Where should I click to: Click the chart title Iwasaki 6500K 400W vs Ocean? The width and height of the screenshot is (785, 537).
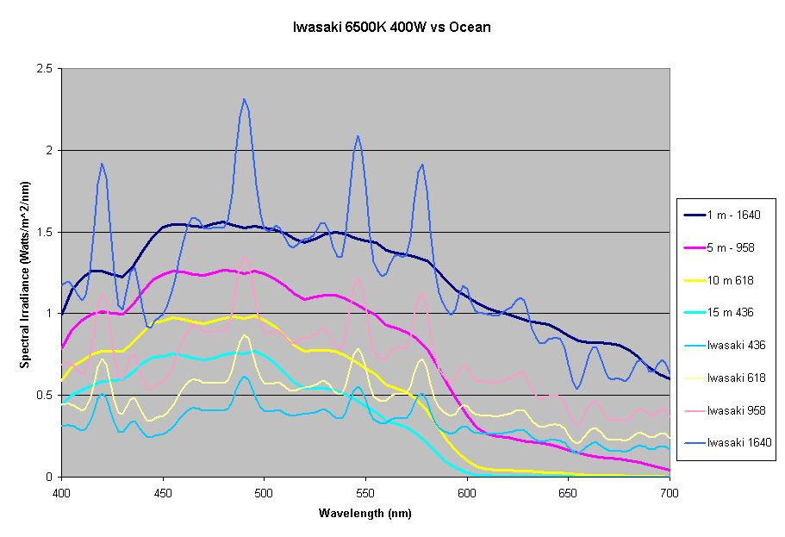tap(392, 27)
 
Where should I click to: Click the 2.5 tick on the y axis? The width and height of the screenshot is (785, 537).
tap(45, 69)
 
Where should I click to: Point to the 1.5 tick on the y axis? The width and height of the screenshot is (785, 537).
tap(45, 232)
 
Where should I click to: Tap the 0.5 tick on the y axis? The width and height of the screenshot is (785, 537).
tap(45, 395)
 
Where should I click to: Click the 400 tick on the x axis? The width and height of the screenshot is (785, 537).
tap(61, 491)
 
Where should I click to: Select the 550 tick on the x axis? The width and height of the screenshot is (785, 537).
tap(365, 491)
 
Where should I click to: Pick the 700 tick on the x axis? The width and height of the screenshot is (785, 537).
tap(669, 491)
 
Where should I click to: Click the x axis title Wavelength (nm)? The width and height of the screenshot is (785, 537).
tap(365, 514)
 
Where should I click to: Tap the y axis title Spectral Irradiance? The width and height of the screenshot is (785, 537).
tap(25, 272)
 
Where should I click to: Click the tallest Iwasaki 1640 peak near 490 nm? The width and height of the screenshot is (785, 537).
tap(245, 99)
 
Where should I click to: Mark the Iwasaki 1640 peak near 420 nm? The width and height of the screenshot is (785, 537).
tap(102, 164)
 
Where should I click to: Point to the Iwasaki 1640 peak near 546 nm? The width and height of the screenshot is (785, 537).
tap(357, 136)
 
